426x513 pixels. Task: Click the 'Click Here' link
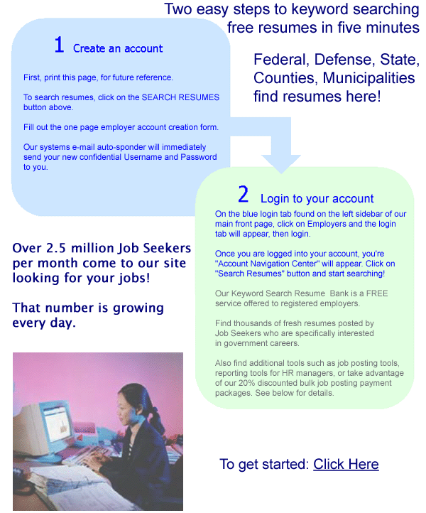pyautogui.click(x=346, y=464)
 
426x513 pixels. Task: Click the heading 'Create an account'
pyautogui.click(x=118, y=48)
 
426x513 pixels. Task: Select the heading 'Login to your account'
pyautogui.click(x=317, y=198)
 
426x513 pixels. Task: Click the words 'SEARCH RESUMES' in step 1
pyautogui.click(x=182, y=97)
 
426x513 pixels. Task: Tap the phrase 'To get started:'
pyautogui.click(x=264, y=464)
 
